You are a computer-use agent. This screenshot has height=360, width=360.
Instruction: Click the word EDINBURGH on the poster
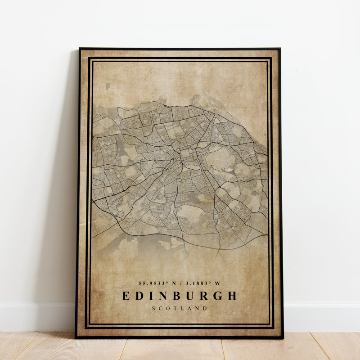(180, 296)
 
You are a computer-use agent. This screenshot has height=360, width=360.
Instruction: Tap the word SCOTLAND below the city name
(180, 308)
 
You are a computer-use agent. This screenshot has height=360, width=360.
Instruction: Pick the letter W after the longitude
(218, 283)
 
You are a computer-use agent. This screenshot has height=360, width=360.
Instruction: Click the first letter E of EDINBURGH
(126, 296)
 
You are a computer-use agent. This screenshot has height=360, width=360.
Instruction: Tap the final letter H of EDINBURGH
(232, 296)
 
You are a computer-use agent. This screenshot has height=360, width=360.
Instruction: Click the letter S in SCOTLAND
(154, 308)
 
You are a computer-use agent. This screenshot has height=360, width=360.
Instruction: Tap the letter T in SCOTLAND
(176, 308)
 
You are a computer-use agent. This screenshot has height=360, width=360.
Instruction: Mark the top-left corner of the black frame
(80, 49)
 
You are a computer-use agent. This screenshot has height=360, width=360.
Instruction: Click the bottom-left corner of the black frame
(76, 337)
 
